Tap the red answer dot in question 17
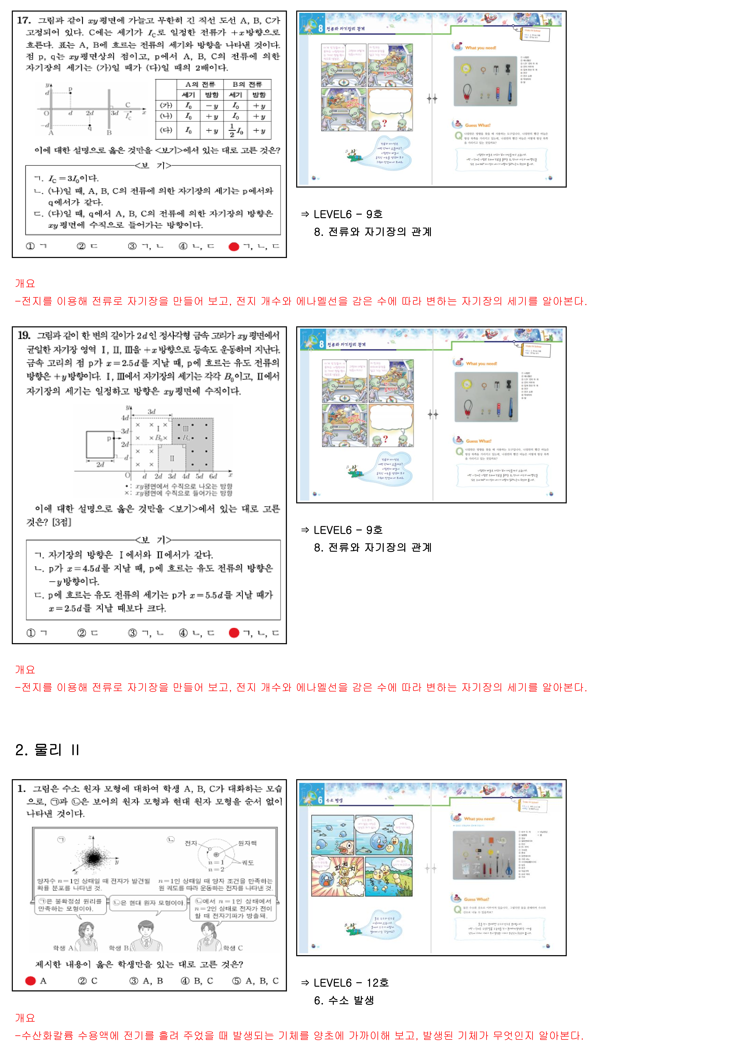pos(234,247)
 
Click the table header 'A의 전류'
pos(200,84)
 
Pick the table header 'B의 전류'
pos(247,84)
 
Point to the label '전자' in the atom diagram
pos(191,843)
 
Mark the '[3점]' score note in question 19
pos(62,522)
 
